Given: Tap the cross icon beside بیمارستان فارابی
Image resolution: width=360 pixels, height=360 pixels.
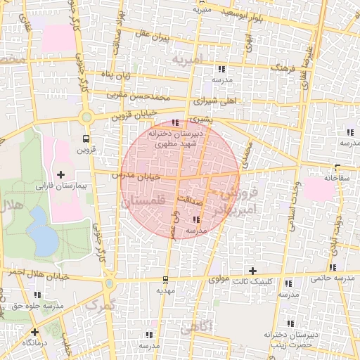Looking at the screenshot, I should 60,174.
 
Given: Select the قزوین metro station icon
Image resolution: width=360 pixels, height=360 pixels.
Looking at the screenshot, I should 86,139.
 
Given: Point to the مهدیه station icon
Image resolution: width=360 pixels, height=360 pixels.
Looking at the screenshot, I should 164,279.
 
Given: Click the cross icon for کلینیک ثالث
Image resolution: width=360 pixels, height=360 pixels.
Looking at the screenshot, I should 253,271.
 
